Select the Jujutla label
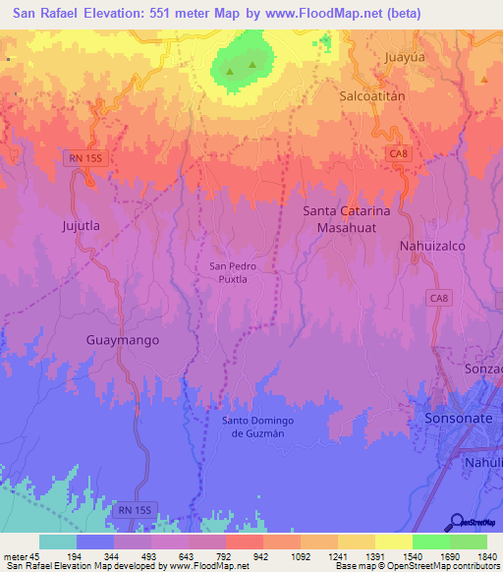pyautogui.click(x=82, y=225)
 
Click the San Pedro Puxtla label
pyautogui.click(x=235, y=272)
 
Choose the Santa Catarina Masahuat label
pyautogui.click(x=346, y=219)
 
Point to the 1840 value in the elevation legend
pyautogui.click(x=484, y=557)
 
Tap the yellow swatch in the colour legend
pyautogui.click(x=393, y=542)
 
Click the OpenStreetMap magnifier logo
pyautogui.click(x=456, y=521)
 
